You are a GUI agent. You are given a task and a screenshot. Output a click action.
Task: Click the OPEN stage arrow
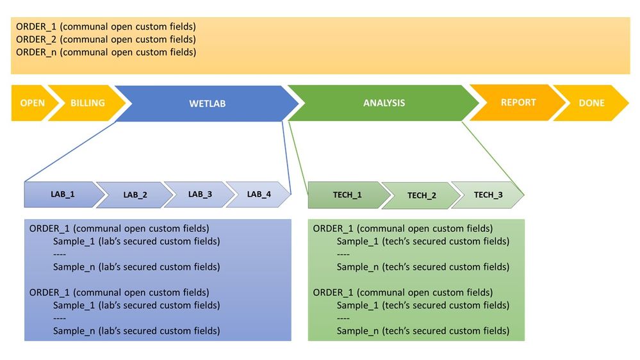point(31,103)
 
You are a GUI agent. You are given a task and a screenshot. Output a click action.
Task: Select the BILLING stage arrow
point(88,103)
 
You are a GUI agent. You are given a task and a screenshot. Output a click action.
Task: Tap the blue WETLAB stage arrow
point(207,103)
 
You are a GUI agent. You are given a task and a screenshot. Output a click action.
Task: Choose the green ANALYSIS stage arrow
point(384,103)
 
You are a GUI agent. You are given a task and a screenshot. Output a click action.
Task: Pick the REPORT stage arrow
point(518,102)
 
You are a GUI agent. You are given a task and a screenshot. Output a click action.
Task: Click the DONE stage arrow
point(591,103)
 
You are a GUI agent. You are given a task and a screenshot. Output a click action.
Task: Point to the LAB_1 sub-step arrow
point(63,194)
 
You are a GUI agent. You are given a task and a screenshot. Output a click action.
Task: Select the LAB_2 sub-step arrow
point(135,195)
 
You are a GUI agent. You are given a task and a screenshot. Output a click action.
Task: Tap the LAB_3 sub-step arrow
point(199,194)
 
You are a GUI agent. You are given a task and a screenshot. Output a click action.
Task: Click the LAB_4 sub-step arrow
point(259,194)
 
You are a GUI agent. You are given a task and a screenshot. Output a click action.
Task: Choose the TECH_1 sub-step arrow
point(347,195)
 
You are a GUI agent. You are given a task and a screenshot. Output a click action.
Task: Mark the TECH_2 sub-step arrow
point(421,195)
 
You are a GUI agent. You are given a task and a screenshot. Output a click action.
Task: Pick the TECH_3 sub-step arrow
point(488,195)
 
